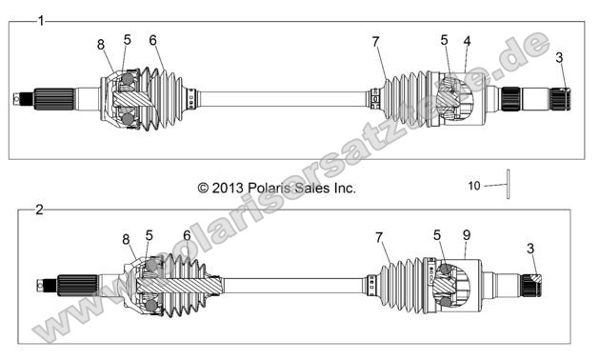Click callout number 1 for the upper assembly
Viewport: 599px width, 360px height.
[x=40, y=20]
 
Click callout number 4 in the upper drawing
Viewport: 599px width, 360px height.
[x=467, y=41]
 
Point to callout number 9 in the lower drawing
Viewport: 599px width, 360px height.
[x=466, y=235]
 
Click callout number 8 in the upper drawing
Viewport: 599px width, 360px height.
[x=101, y=45]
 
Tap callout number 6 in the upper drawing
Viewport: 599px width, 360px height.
[x=152, y=40]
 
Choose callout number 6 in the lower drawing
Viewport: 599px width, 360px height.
[x=187, y=235]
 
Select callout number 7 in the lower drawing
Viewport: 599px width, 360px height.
[x=379, y=235]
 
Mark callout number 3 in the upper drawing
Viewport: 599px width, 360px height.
[x=560, y=58]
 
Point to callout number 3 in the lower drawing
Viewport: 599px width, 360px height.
[x=529, y=249]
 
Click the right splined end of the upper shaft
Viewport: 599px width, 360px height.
[x=557, y=97]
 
